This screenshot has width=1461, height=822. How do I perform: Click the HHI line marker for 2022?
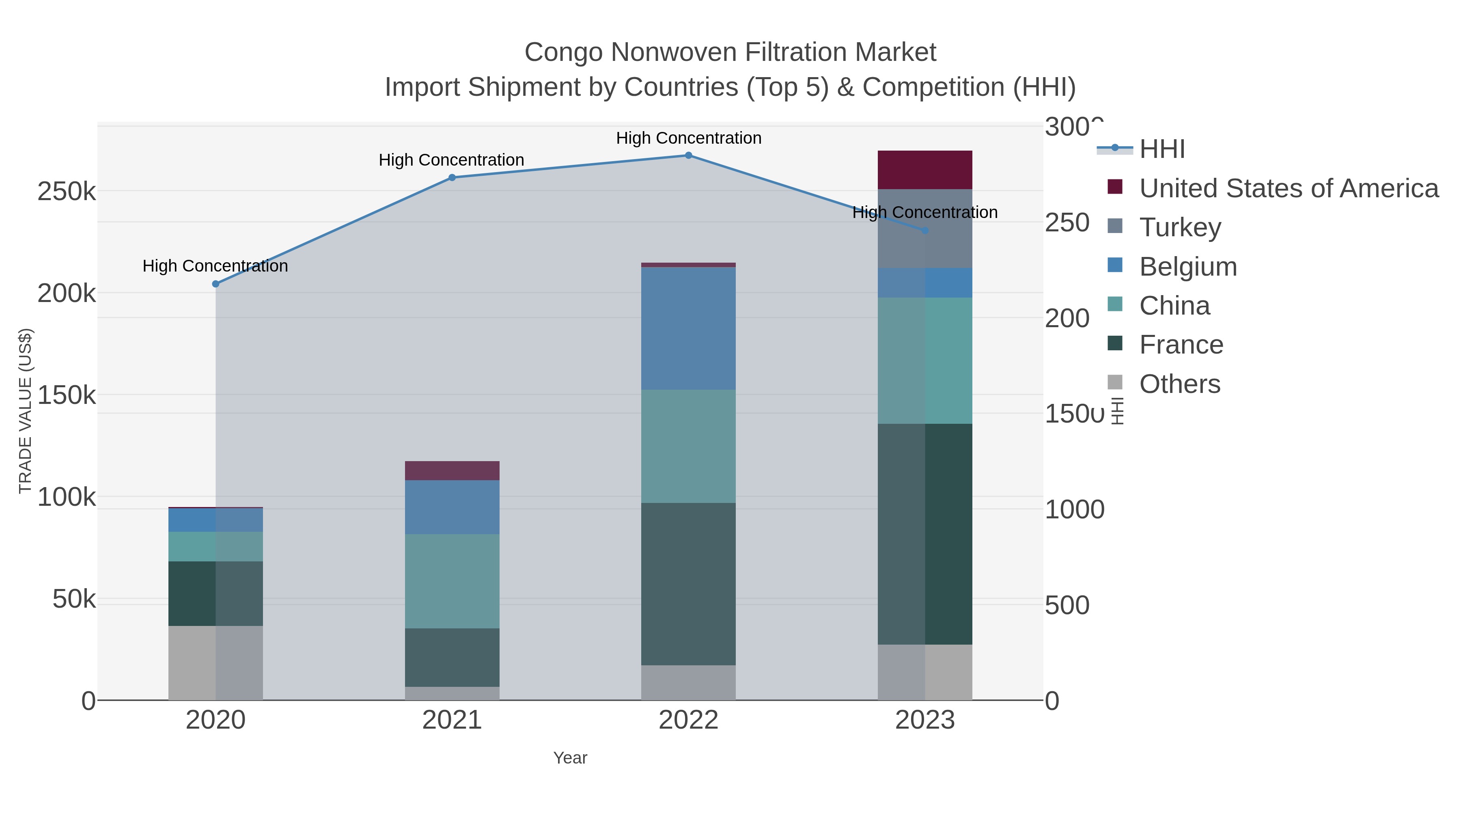click(x=689, y=155)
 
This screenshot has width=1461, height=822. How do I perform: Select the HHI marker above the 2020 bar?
click(x=215, y=284)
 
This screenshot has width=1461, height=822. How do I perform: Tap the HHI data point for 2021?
click(x=452, y=177)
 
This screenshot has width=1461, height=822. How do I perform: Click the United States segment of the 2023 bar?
click(x=925, y=170)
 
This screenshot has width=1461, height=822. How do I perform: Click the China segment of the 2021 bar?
click(x=452, y=581)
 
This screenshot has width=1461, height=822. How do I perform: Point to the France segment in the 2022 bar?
click(x=689, y=584)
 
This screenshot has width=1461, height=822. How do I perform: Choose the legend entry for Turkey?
click(x=1180, y=227)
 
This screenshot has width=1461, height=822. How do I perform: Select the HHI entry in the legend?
click(x=1161, y=149)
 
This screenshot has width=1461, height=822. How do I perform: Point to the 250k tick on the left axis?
click(x=67, y=192)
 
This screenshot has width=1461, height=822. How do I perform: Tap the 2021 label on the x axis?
click(x=452, y=721)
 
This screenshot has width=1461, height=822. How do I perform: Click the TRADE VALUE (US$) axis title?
click(x=26, y=411)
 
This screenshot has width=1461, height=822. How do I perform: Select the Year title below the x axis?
click(x=570, y=758)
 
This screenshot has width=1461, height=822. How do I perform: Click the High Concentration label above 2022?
click(x=689, y=138)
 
